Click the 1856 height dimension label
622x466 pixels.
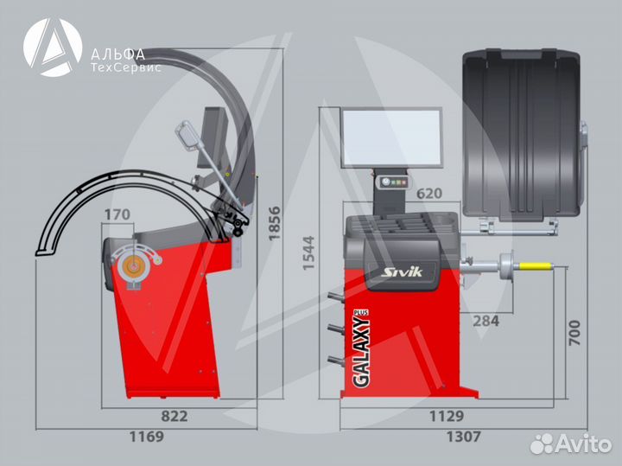point(274,223)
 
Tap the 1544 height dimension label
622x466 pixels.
point(308,252)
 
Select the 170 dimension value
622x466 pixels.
point(117,214)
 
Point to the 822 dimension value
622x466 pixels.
point(175,416)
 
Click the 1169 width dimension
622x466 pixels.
point(147,437)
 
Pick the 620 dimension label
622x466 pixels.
point(429,194)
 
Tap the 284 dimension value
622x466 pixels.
point(486,321)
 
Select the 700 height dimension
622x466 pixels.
point(574,333)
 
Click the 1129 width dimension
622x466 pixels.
point(447,416)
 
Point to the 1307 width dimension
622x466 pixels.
point(464,437)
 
